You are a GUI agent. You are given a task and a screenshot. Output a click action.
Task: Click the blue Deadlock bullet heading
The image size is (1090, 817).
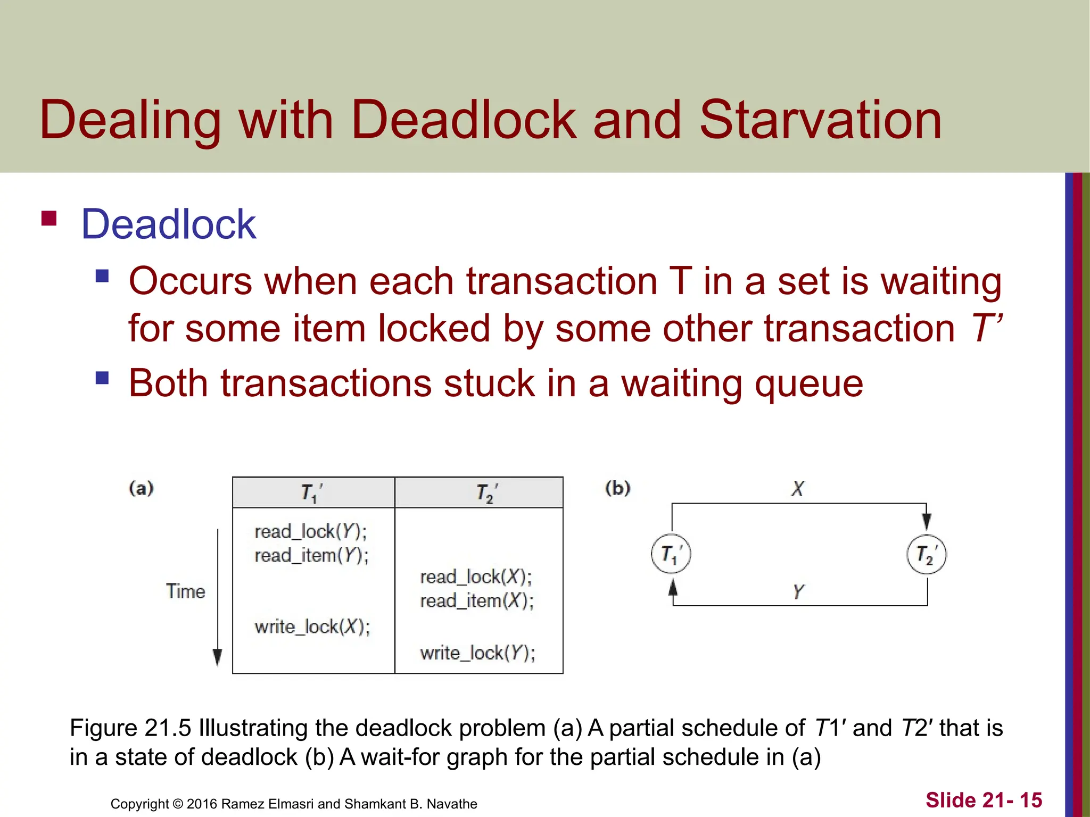168,224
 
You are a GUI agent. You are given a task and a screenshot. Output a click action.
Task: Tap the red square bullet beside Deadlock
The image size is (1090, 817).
49,219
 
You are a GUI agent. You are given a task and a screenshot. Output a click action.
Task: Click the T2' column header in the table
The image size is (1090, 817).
486,493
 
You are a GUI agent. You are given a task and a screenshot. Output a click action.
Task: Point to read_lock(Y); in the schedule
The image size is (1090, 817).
310,531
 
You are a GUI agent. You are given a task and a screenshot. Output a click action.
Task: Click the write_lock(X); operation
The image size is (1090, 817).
312,627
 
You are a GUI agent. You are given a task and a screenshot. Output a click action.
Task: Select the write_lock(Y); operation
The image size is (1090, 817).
477,653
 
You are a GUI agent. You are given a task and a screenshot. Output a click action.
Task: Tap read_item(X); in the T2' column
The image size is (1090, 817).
476,601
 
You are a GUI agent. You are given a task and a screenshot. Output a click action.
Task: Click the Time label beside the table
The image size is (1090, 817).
185,591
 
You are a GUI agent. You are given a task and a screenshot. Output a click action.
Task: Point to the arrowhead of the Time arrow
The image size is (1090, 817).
217,657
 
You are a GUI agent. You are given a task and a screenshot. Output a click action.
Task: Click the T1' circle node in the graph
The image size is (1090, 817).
671,554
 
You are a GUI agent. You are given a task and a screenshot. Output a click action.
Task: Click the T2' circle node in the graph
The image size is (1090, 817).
926,554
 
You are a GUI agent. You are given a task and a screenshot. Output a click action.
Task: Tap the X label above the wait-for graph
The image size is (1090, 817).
797,488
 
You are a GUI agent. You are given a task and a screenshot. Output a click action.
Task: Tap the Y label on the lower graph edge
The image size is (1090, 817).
798,591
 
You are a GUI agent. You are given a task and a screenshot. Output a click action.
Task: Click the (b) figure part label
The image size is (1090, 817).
617,488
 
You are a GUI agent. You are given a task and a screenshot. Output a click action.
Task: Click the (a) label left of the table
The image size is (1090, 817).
141,488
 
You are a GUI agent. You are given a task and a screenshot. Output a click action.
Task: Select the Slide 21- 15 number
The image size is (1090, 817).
984,800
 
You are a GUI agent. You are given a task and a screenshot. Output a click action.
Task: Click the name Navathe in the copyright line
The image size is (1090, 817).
452,804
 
